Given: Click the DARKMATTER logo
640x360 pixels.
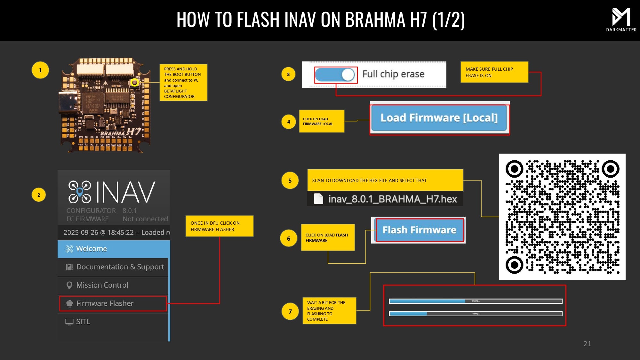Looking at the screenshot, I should coord(621,20).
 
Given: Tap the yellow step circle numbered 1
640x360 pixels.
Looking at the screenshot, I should coord(40,70).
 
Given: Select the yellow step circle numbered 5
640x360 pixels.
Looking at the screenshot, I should coord(290,180).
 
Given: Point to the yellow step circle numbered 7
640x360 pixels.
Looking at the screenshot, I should coord(290,311).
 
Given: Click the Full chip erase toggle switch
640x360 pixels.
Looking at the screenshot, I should coord(335,75).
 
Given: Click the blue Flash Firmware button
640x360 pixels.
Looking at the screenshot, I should coord(420,230).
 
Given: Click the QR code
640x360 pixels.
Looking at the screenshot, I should coord(562,217).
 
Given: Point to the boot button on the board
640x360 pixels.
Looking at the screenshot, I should coord(135,83).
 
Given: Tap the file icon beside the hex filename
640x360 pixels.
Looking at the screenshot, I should coord(318,199).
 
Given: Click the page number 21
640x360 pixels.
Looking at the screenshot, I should coord(587,344).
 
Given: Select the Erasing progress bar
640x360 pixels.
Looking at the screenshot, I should coord(476,301).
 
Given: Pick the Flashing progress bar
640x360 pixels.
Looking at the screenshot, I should coord(476,314).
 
